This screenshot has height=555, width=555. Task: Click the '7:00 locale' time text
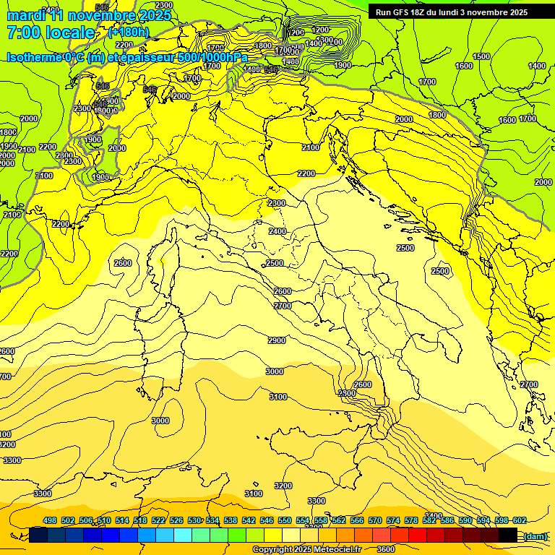pos(51,33)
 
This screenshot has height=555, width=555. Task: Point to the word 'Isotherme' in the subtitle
pos(33,57)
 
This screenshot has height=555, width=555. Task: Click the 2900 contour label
pos(276,340)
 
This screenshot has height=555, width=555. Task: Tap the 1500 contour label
pos(481,56)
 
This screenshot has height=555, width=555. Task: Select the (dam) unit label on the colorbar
pos(535,535)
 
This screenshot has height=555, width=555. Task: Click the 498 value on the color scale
pos(50,520)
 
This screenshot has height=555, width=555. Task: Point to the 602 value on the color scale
pos(520,520)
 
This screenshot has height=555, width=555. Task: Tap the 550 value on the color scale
pos(285,520)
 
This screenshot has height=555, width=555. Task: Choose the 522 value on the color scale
pos(158,520)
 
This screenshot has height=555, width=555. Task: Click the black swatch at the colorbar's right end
pos(507,535)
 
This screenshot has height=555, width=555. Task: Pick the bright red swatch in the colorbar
pos(418,535)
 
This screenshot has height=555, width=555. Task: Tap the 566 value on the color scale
pos(357,520)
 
